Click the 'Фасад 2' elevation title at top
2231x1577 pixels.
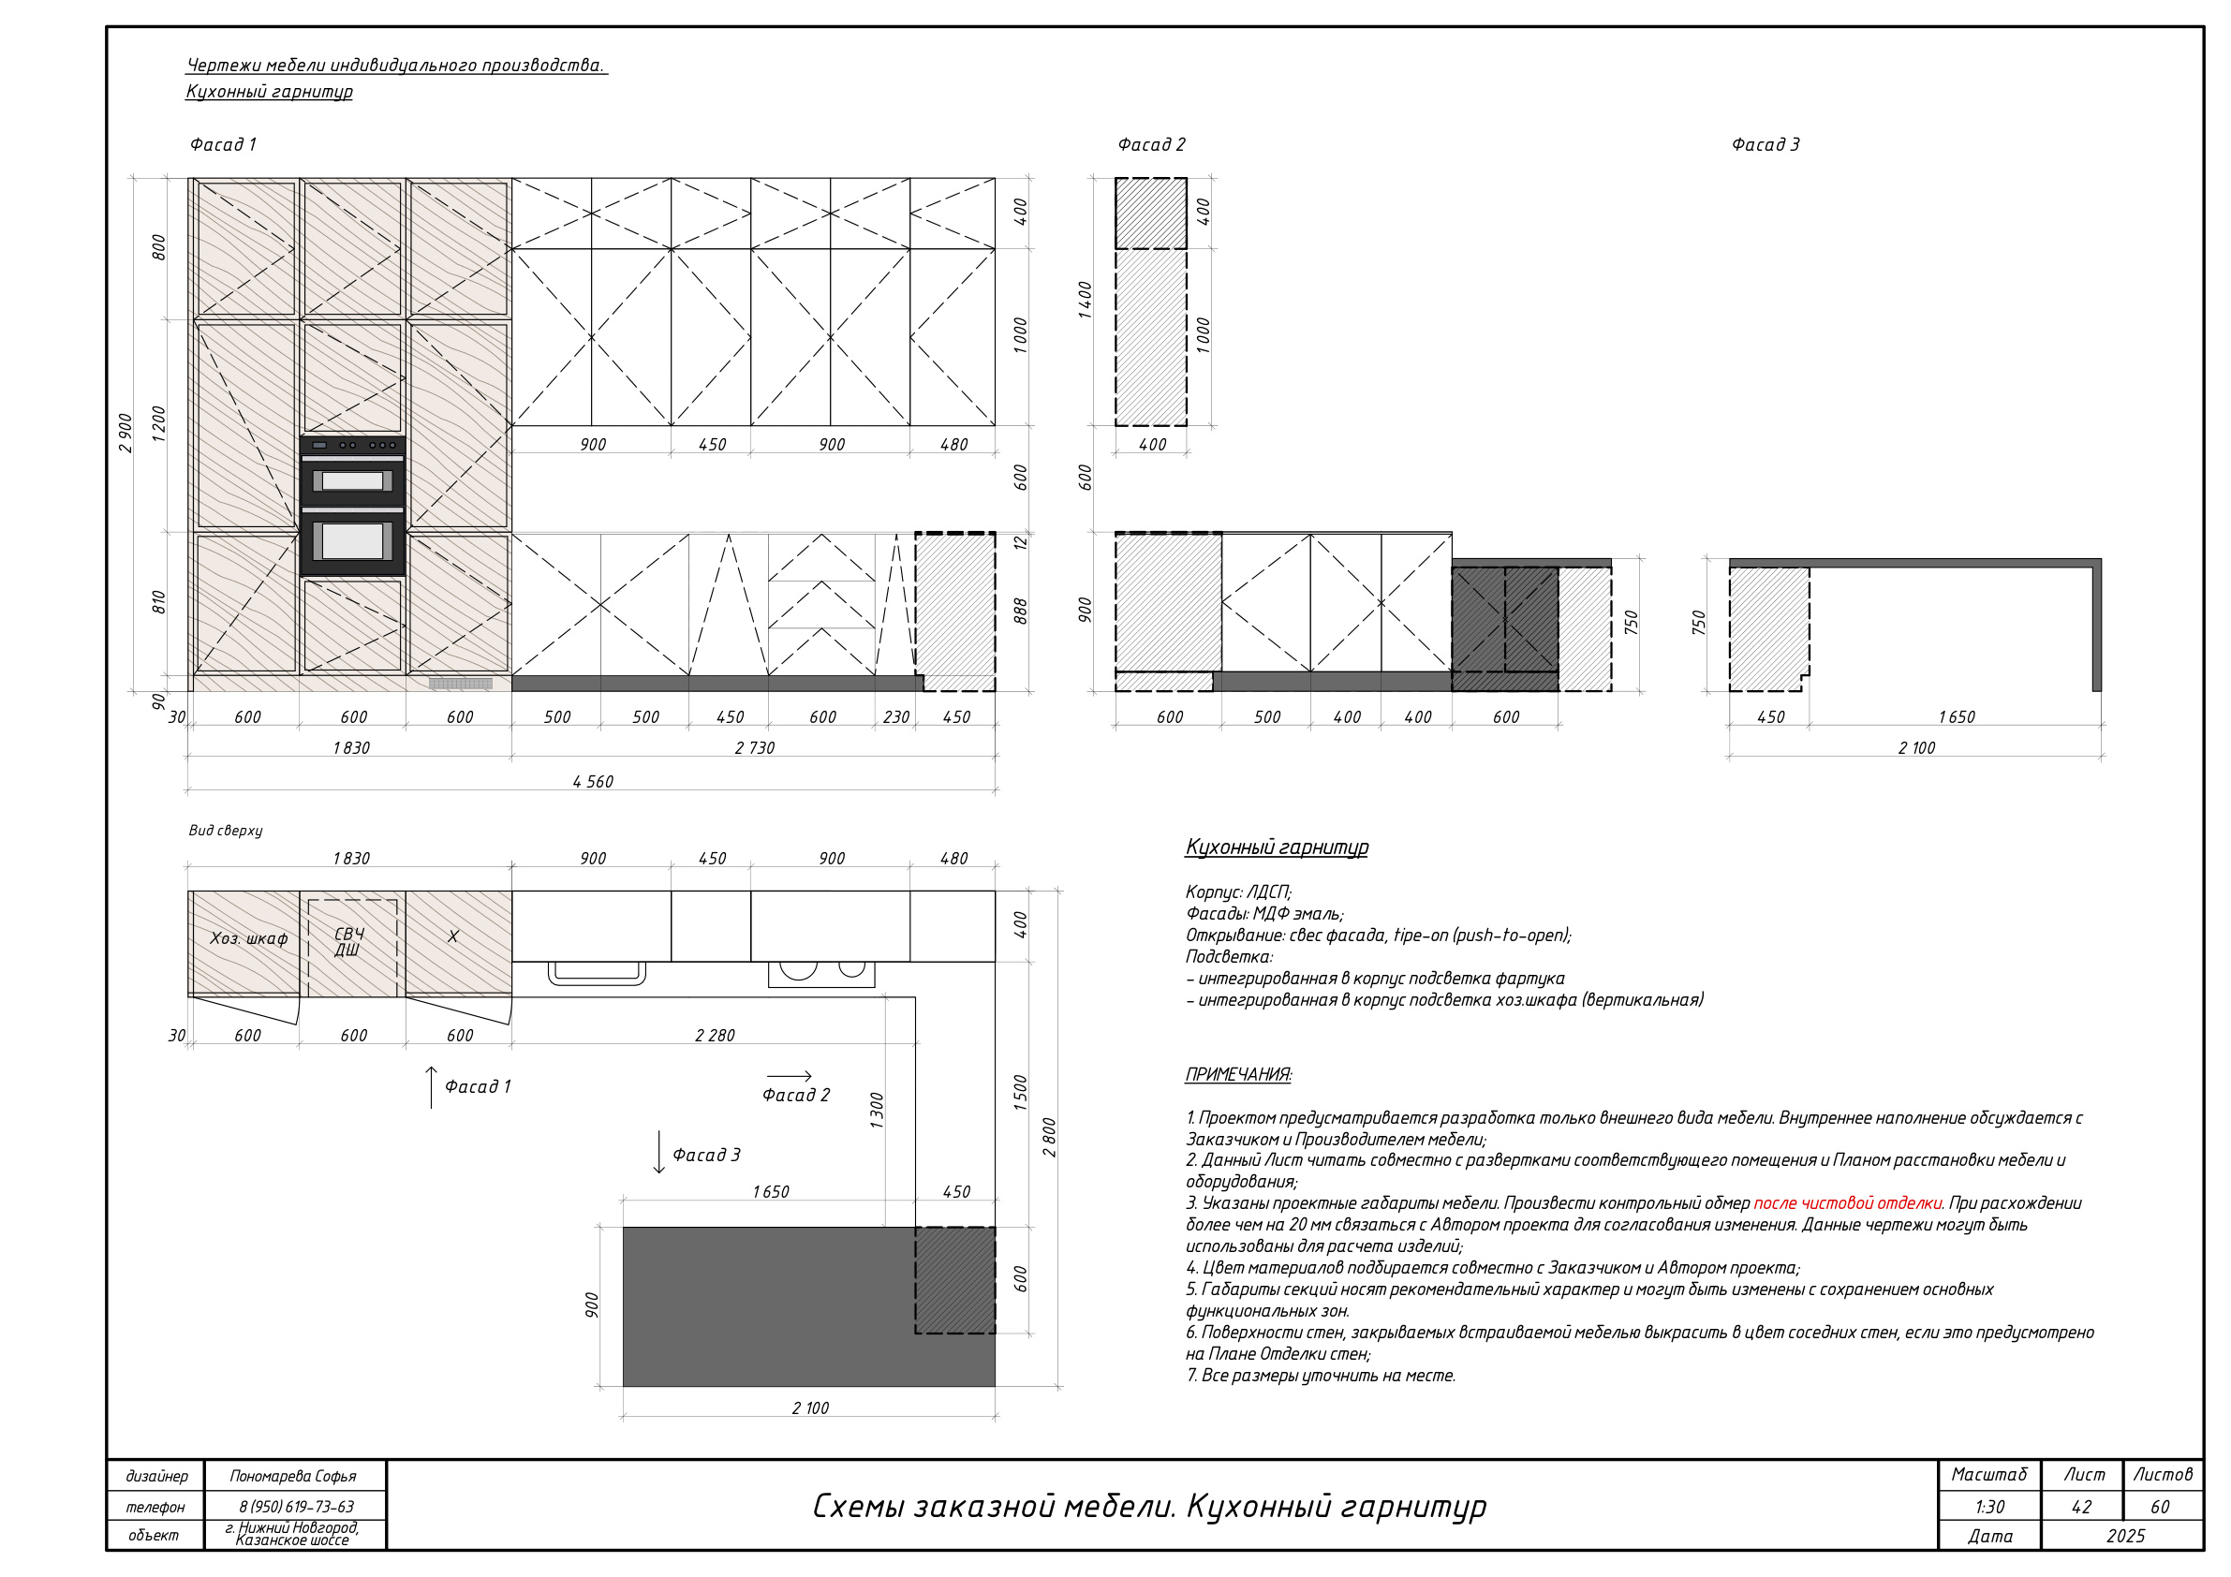[x=1151, y=145]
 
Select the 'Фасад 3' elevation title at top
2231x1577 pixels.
[x=1766, y=145]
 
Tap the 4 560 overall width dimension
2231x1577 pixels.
[x=593, y=781]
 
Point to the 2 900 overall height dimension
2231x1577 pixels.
[x=126, y=434]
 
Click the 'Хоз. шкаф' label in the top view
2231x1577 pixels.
[x=249, y=938]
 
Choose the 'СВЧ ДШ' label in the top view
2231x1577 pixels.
[x=348, y=941]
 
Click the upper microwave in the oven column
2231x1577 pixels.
[x=352, y=480]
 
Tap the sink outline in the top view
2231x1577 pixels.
[x=597, y=973]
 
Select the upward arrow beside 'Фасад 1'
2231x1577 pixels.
[x=432, y=1087]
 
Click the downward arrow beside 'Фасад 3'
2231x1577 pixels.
[x=658, y=1153]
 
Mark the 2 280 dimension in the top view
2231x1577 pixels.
[x=715, y=1036]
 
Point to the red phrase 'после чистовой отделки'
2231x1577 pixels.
[x=1847, y=1204]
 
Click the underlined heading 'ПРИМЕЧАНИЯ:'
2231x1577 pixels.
[x=1238, y=1075]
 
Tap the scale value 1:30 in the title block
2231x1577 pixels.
[x=1989, y=1507]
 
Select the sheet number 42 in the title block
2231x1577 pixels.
[x=2081, y=1507]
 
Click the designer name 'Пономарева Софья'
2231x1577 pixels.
[x=292, y=1476]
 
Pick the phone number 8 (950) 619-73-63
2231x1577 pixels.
[x=296, y=1507]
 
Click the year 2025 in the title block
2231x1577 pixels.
[x=2125, y=1536]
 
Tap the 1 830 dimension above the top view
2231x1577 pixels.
[x=351, y=859]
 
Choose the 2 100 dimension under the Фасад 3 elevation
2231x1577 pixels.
[x=1916, y=748]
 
